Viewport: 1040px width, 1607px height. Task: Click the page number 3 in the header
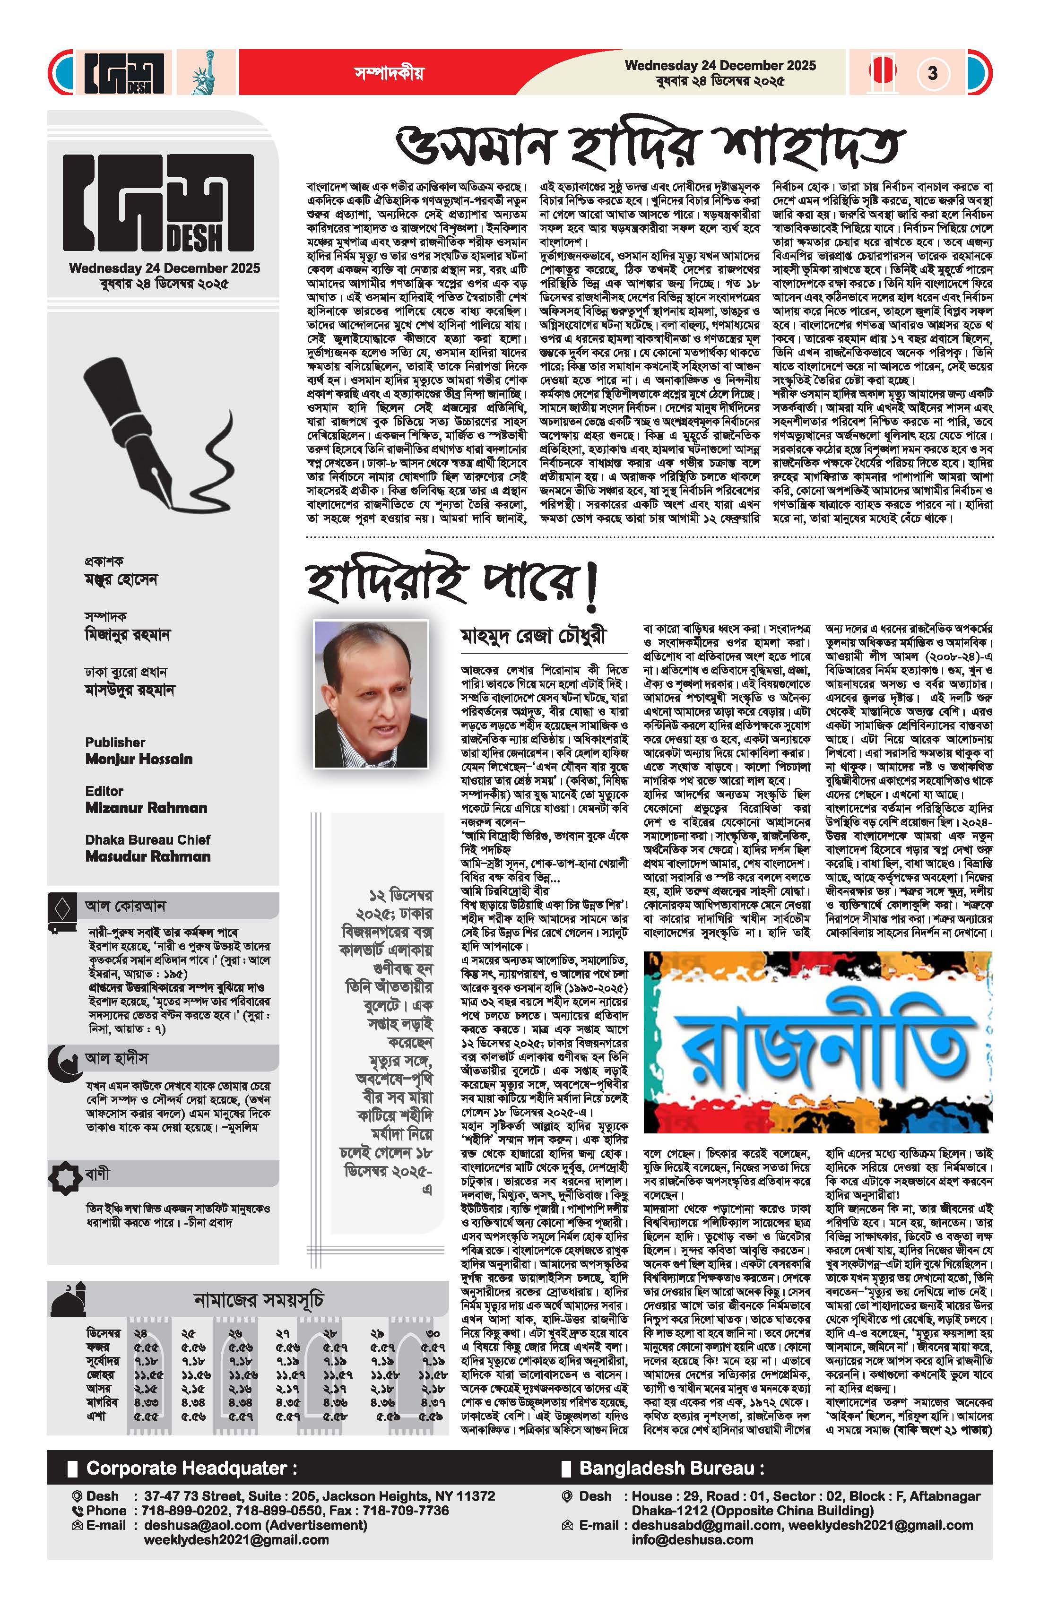[x=933, y=72]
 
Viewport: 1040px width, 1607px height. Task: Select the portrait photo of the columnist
[x=371, y=694]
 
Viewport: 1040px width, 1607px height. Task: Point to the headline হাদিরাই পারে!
[x=452, y=582]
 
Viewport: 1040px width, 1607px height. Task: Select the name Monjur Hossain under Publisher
[x=139, y=759]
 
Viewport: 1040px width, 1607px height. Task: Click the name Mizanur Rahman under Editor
[x=146, y=808]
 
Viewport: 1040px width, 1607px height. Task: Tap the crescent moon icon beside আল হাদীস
[x=63, y=1061]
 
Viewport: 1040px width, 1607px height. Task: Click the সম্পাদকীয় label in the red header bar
[x=389, y=74]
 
